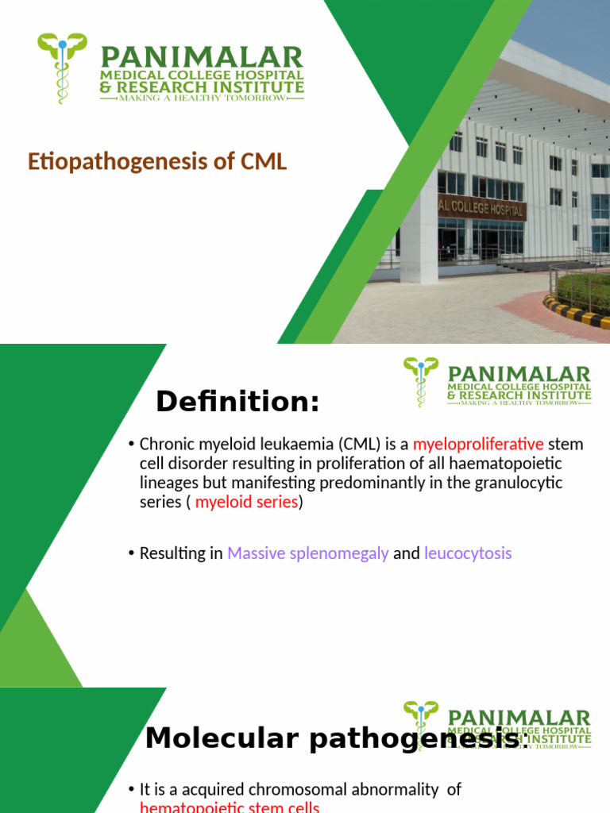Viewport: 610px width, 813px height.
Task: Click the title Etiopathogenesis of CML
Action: pyautogui.click(x=157, y=162)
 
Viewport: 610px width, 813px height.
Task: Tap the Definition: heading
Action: pyautogui.click(x=237, y=403)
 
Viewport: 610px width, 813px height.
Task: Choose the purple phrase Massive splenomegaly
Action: pyautogui.click(x=307, y=553)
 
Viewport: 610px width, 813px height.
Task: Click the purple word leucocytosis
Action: pyautogui.click(x=468, y=553)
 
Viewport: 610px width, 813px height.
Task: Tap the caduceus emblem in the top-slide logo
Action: pyautogui.click(x=62, y=67)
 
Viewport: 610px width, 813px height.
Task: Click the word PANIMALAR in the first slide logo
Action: pyautogui.click(x=201, y=58)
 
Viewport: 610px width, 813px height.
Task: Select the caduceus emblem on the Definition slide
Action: pyautogui.click(x=420, y=380)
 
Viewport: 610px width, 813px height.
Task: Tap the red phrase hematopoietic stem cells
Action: pyautogui.click(x=229, y=807)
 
